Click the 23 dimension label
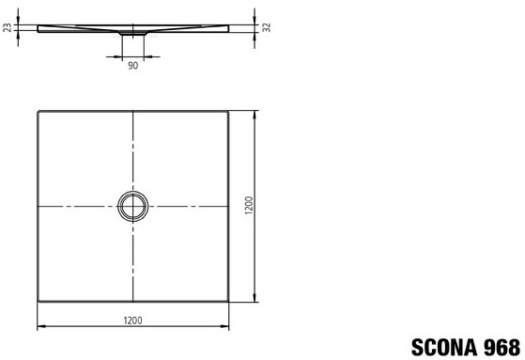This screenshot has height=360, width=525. click(8, 27)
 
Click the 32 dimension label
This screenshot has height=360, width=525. click(267, 27)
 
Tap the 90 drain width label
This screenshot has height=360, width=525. click(133, 66)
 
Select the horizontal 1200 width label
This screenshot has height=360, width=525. click(133, 321)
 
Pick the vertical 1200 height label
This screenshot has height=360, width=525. click(249, 206)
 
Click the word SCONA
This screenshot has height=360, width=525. click(444, 347)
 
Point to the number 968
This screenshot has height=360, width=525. click(502, 347)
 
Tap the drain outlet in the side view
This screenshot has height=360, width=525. click(133, 33)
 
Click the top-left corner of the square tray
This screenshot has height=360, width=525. click(39, 111)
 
